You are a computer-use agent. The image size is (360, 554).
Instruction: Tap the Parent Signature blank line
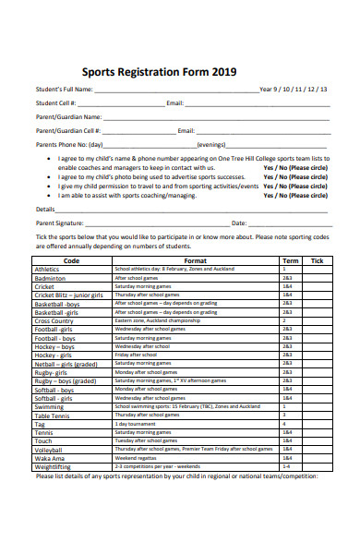point(156,224)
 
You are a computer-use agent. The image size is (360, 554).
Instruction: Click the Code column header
point(71,260)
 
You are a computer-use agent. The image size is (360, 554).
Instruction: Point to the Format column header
point(195,260)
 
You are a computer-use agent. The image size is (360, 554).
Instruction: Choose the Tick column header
point(317,260)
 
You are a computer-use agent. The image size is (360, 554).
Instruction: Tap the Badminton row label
point(50,278)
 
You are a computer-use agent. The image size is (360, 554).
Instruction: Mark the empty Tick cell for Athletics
point(317,269)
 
